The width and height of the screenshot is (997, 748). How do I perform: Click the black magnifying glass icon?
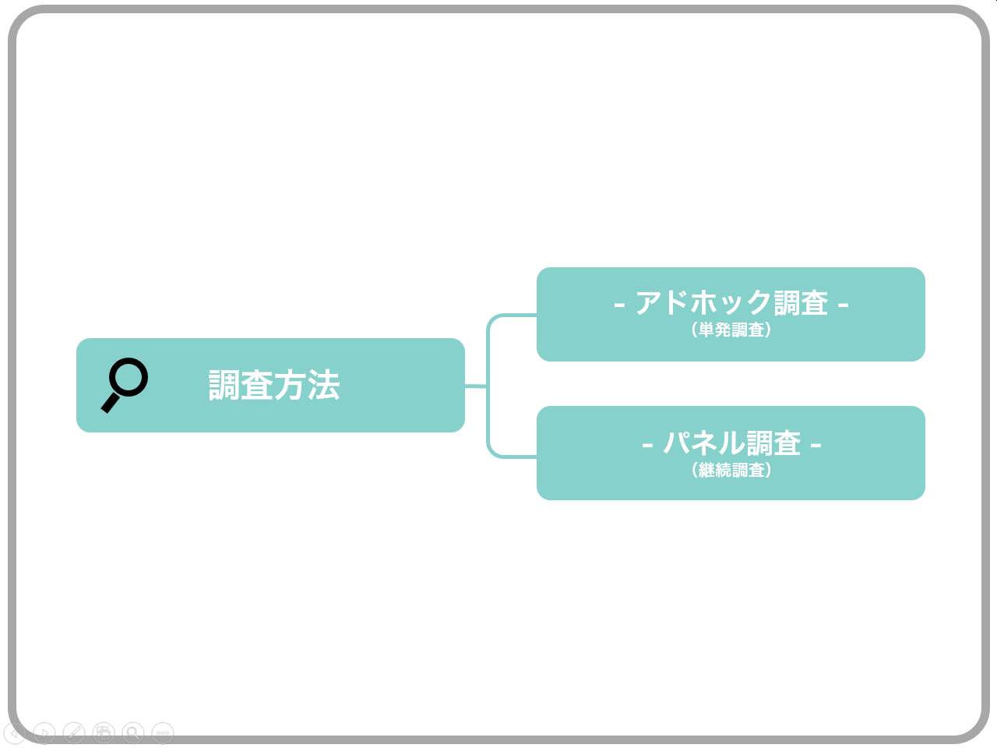tap(124, 385)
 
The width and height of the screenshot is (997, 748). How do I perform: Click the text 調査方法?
tap(274, 385)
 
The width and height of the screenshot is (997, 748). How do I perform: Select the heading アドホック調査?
tap(731, 302)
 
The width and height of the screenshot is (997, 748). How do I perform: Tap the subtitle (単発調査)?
tap(731, 330)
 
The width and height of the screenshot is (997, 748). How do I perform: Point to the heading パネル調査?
tap(731, 443)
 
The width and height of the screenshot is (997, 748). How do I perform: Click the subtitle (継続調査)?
tap(731, 470)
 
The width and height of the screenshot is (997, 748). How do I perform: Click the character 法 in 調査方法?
tap(324, 385)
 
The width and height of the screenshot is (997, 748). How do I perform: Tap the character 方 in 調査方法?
tap(291, 385)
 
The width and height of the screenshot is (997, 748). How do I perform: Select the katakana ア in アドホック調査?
tap(649, 303)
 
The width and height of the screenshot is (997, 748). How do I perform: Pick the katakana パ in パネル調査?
tap(677, 443)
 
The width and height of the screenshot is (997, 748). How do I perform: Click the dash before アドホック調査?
tap(619, 305)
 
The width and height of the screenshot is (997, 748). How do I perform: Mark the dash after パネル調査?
tap(816, 445)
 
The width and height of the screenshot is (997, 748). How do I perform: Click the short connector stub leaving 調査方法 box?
tap(476, 386)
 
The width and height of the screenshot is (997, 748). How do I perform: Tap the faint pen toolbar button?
tap(74, 732)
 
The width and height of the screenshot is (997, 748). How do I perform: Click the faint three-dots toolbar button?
tap(163, 732)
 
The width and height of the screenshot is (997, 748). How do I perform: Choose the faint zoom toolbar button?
tap(133, 732)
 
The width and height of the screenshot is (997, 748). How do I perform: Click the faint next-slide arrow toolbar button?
tap(44, 732)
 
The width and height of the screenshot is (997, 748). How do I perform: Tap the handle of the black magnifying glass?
tap(111, 404)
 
